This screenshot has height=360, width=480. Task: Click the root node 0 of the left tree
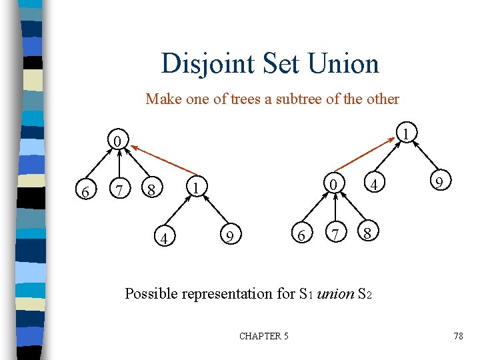[x=117, y=141]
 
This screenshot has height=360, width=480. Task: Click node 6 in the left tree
[x=85, y=192]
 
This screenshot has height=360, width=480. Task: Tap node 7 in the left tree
[x=119, y=192]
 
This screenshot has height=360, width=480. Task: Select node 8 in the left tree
[x=152, y=192]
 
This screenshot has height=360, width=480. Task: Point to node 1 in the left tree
[x=195, y=185]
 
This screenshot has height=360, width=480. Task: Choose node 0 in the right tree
[x=333, y=183]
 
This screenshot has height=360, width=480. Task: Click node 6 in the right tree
[x=301, y=235]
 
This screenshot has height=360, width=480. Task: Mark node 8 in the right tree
[x=368, y=234]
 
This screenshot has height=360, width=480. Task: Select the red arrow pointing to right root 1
[x=366, y=150]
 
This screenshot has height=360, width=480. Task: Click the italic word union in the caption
[x=336, y=293]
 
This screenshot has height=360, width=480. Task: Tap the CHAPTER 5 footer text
[x=264, y=336]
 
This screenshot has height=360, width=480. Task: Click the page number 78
[x=458, y=336]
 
